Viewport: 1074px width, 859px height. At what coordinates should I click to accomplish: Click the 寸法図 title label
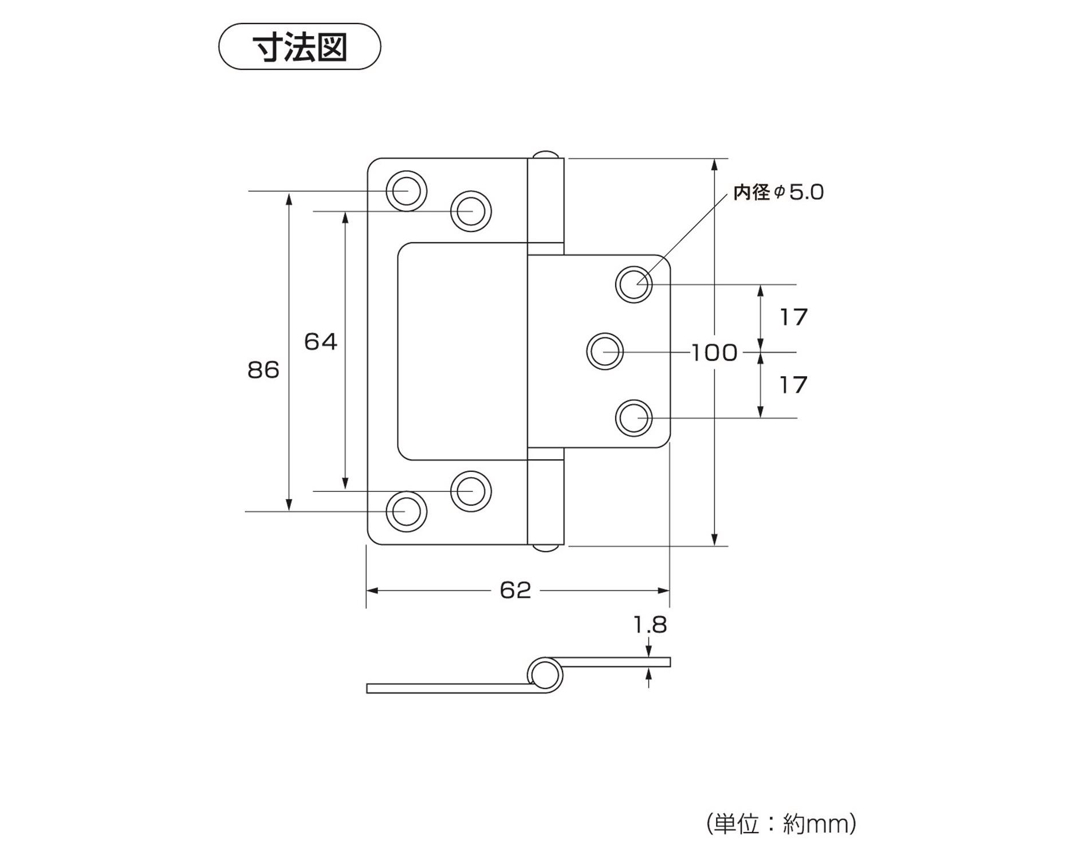[300, 47]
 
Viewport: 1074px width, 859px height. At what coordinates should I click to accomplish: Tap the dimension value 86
[263, 370]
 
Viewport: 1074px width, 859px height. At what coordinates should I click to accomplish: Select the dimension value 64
[320, 342]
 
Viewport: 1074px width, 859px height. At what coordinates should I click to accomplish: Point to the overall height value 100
[714, 353]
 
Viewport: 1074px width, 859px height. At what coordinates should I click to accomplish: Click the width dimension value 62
[516, 590]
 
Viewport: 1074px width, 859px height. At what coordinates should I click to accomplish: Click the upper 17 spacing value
[793, 317]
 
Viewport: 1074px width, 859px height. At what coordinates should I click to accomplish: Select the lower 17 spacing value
[793, 385]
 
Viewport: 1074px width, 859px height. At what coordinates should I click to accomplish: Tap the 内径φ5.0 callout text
[778, 192]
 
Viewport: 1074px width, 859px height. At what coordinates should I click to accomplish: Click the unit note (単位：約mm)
[781, 824]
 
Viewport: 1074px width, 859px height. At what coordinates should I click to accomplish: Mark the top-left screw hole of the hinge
[406, 190]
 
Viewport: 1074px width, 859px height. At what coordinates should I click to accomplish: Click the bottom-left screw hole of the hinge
[406, 511]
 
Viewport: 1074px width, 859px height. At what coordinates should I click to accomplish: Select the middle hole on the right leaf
[605, 351]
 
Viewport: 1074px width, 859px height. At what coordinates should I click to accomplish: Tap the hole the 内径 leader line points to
[634, 284]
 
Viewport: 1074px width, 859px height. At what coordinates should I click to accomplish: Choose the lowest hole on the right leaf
[634, 418]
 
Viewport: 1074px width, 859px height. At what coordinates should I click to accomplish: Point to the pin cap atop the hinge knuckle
[545, 155]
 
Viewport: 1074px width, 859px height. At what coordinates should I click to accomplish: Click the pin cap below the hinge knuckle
[545, 549]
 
